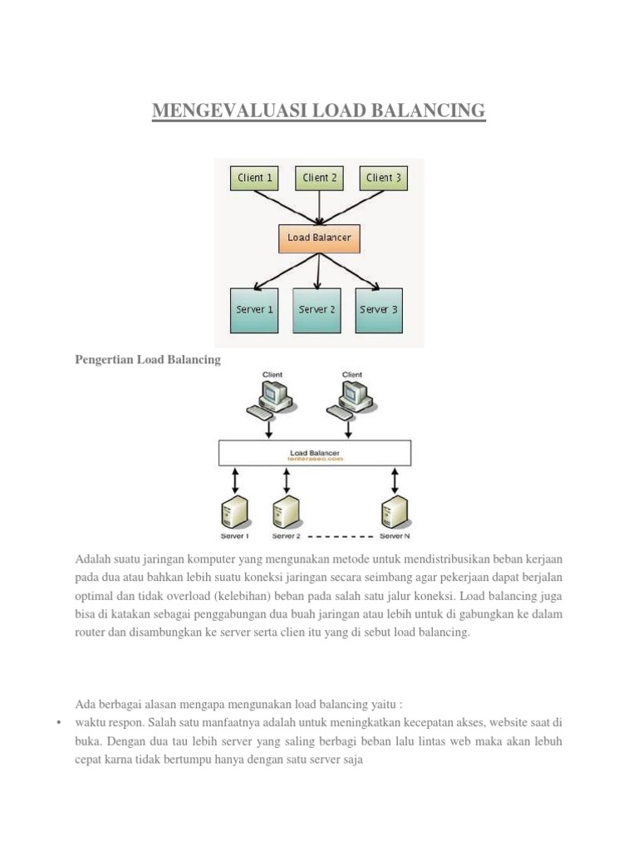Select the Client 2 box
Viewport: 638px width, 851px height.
click(320, 177)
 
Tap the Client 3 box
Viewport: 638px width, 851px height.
click(385, 177)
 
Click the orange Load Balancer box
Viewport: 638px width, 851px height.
click(319, 238)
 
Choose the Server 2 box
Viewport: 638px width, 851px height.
click(317, 310)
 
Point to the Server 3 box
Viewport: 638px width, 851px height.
click(379, 310)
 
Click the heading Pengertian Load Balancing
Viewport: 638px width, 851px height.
click(148, 359)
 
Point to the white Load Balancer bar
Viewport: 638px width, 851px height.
click(315, 454)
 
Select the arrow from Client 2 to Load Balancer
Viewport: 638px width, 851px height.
click(319, 207)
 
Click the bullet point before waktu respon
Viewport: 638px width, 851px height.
click(60, 722)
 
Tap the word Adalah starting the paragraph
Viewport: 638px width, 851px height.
click(91, 557)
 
